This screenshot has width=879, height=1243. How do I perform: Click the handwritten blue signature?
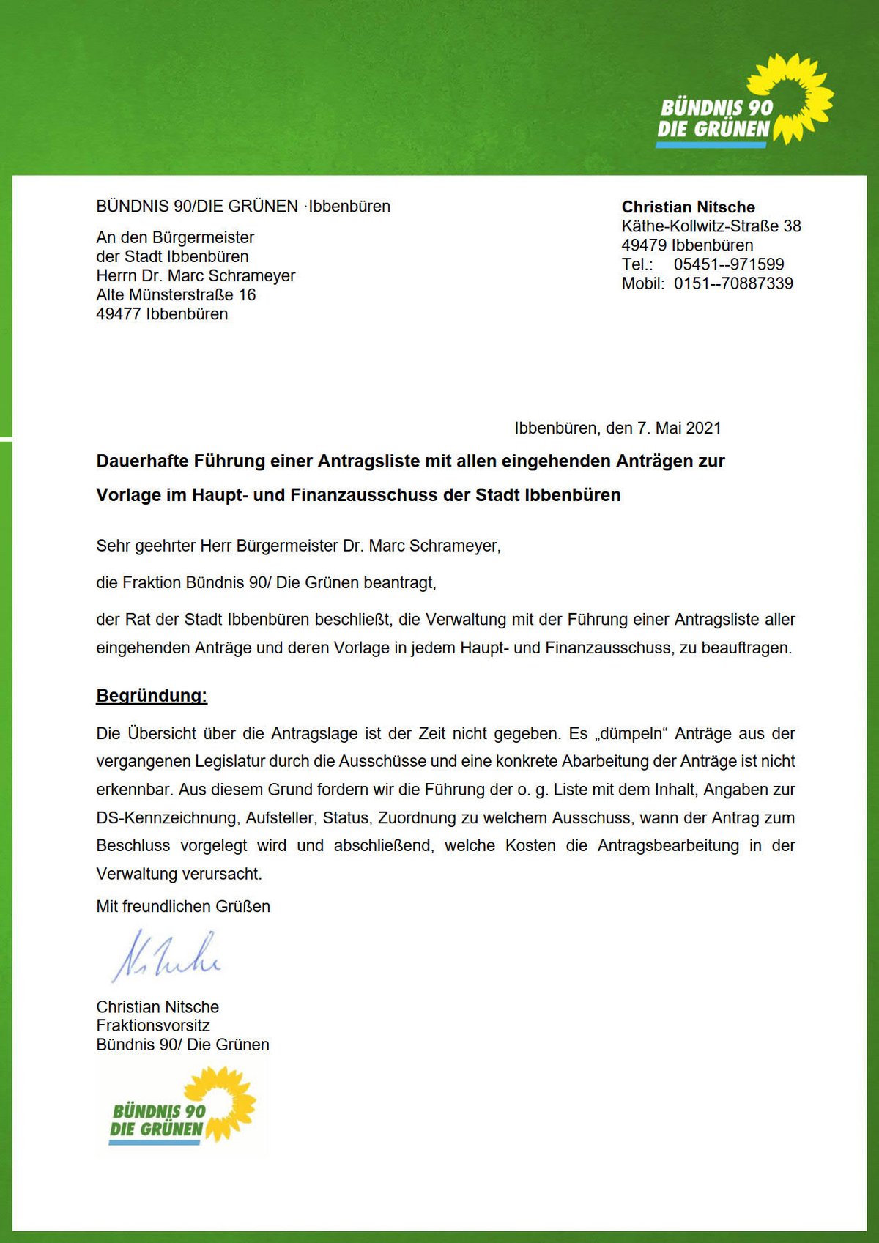[x=166, y=957]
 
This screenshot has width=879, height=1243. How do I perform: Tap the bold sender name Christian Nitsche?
[x=688, y=207]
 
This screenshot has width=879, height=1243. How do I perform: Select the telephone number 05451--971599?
[x=729, y=264]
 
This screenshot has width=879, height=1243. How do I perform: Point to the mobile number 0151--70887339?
[x=733, y=283]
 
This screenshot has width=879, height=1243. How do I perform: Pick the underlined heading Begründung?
[x=152, y=695]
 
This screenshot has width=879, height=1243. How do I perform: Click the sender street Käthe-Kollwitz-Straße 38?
[x=711, y=226]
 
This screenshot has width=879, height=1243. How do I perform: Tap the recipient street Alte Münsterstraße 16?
[x=176, y=295]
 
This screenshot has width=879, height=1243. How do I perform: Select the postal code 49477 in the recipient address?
[x=119, y=314]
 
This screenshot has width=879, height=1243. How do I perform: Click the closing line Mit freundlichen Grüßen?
[x=183, y=906]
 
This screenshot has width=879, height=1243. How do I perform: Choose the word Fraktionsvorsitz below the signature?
[x=153, y=1025]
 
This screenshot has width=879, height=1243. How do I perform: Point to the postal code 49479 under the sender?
[x=644, y=245]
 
